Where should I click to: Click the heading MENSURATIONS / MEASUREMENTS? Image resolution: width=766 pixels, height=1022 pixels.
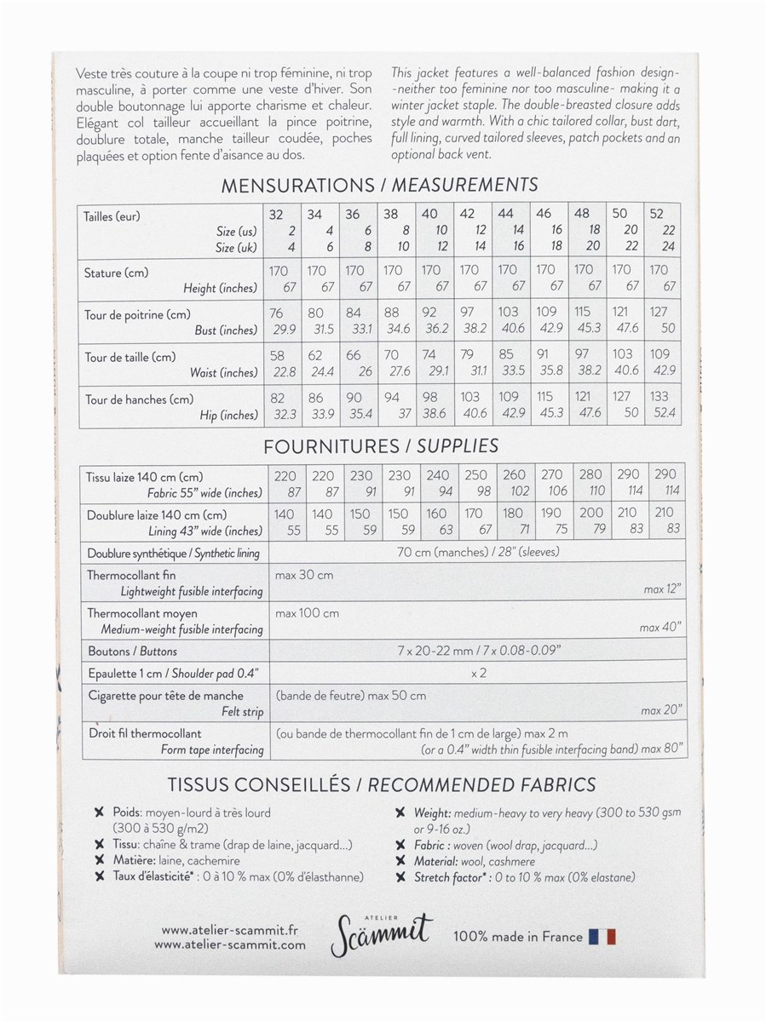[x=379, y=185]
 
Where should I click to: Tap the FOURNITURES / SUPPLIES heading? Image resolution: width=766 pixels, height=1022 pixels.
[x=381, y=445]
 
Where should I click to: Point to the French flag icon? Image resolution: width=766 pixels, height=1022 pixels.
[x=602, y=937]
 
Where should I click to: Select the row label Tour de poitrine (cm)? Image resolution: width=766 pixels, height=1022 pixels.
[x=137, y=314]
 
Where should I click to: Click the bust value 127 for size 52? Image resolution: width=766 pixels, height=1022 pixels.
[x=659, y=313]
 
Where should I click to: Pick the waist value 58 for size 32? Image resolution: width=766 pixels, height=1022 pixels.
[x=276, y=355]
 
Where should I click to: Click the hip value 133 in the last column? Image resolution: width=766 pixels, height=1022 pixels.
[x=659, y=396]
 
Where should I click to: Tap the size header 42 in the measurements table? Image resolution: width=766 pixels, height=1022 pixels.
[x=468, y=215]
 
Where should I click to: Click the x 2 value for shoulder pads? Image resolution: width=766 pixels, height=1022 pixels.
[x=478, y=673]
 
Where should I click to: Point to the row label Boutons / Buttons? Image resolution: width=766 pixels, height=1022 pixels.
[x=133, y=652]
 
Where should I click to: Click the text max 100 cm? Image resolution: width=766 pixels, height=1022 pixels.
[x=307, y=613]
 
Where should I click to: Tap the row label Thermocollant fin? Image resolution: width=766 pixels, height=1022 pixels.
[x=131, y=576]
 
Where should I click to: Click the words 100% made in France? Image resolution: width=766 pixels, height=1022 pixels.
[x=518, y=937]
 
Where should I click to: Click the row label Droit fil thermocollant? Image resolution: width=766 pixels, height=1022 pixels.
[x=144, y=733]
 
